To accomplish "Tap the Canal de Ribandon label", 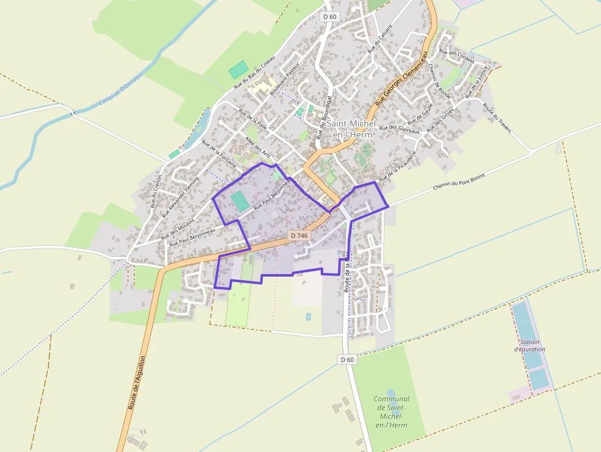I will (120, 90).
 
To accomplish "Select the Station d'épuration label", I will (530, 345).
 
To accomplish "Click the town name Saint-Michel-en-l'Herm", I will (349, 129).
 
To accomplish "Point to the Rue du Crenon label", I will (156, 191).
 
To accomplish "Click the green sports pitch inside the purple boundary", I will (239, 201).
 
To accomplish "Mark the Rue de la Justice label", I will (476, 82).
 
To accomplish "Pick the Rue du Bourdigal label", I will (323, 117).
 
